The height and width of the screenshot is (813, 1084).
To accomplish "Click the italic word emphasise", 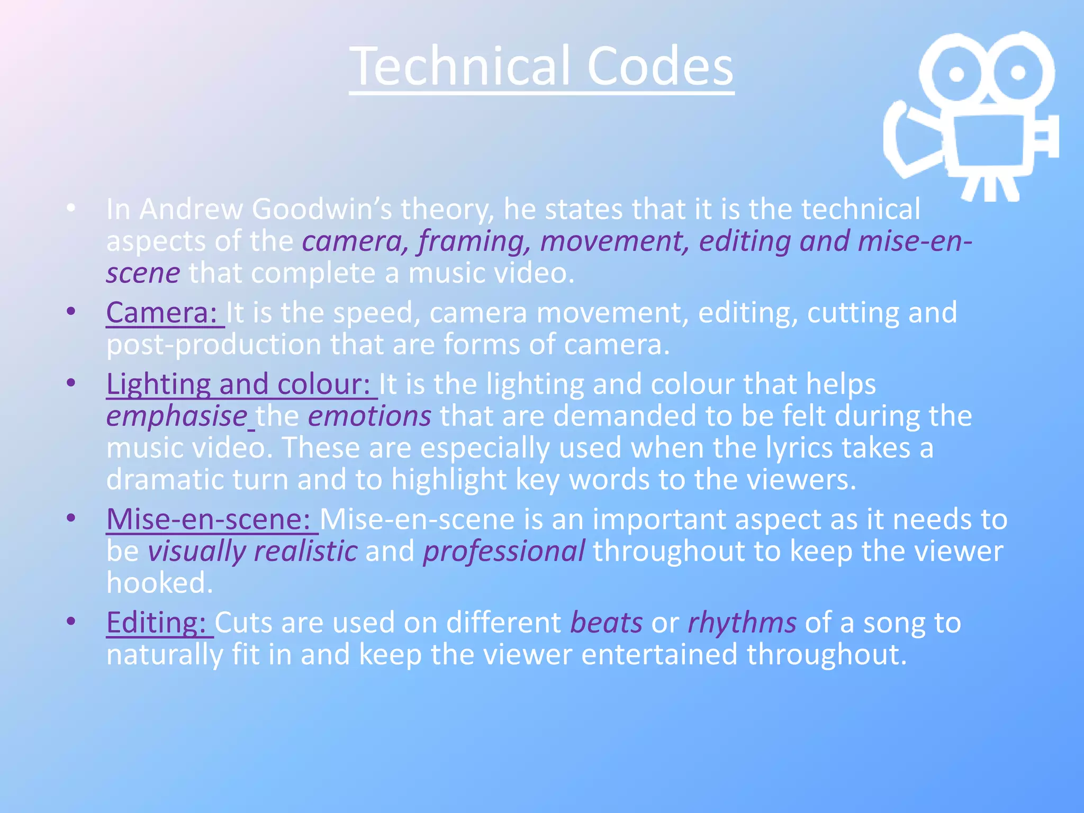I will coord(176,416).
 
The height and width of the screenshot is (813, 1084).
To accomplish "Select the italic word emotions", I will coord(369,416).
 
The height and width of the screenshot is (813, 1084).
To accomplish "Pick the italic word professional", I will coord(503,552).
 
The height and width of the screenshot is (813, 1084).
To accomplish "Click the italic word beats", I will coord(606,622).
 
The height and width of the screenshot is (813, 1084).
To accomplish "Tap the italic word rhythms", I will coord(742,622).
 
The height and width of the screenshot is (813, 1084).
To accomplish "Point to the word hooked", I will coord(159,583).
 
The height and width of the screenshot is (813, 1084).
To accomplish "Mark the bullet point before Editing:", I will coord(71,621).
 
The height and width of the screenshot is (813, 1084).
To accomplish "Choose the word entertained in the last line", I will coord(659,655).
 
